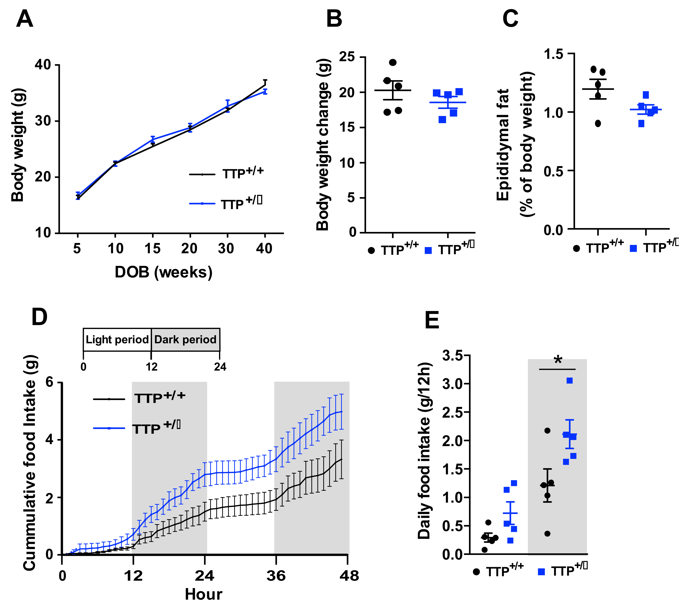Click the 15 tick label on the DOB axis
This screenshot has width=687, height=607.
tap(153, 249)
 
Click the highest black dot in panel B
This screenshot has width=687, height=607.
tap(393, 63)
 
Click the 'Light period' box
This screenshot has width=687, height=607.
tap(117, 340)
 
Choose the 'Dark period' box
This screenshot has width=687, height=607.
tap(186, 340)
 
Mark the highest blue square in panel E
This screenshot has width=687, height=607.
tap(569, 381)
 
